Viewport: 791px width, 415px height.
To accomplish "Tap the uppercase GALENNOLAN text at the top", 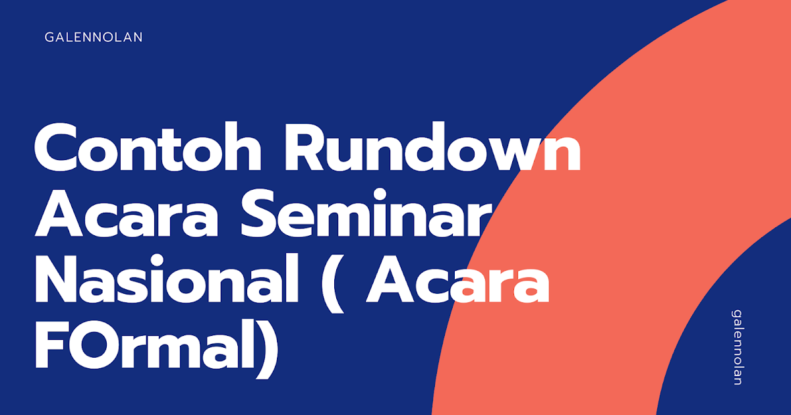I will coord(94,38).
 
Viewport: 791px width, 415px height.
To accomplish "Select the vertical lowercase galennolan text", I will coord(737,347).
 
